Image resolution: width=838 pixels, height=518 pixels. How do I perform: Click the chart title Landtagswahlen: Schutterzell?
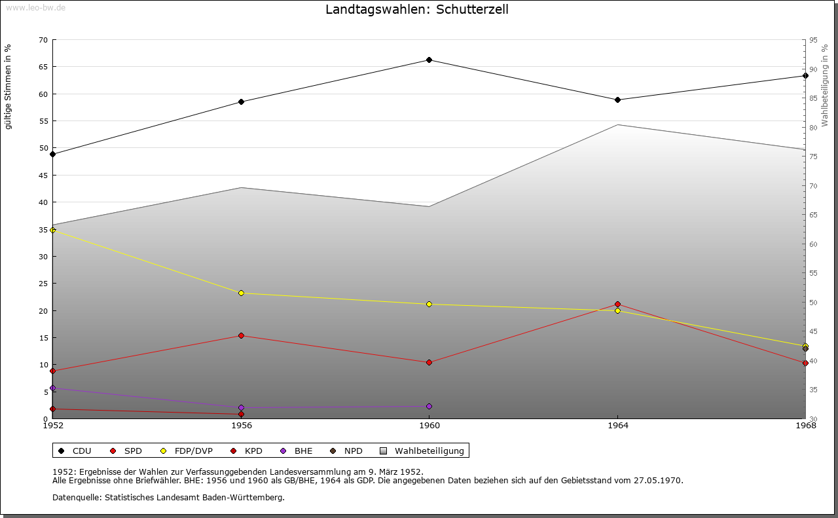pyautogui.click(x=417, y=9)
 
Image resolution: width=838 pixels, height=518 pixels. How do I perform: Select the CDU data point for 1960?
pyautogui.click(x=429, y=60)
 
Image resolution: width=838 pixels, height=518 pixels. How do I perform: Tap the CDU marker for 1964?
pyautogui.click(x=617, y=100)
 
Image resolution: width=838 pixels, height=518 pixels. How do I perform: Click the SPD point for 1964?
pyautogui.click(x=617, y=304)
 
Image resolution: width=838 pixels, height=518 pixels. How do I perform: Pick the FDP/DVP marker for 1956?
pyautogui.click(x=241, y=293)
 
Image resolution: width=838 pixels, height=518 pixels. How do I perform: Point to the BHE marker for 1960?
pyautogui.click(x=429, y=406)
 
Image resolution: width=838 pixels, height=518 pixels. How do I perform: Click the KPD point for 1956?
pyautogui.click(x=241, y=414)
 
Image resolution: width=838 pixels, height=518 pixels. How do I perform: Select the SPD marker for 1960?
pyautogui.click(x=429, y=362)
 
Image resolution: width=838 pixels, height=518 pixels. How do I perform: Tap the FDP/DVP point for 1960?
pyautogui.click(x=429, y=304)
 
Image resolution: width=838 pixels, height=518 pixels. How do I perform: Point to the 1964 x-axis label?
pyautogui.click(x=617, y=426)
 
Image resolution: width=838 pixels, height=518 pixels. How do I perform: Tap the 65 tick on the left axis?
pyautogui.click(x=43, y=67)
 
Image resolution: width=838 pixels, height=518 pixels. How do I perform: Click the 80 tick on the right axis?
pyautogui.click(x=813, y=128)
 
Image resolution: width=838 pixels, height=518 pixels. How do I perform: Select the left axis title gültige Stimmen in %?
pyautogui.click(x=9, y=86)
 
